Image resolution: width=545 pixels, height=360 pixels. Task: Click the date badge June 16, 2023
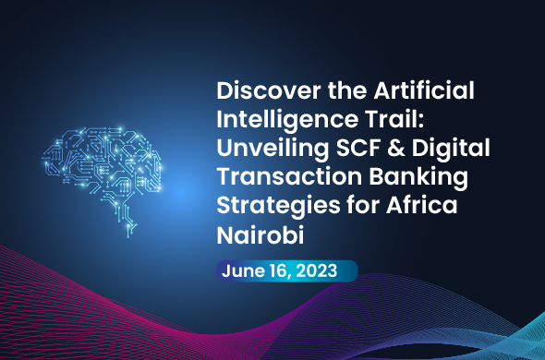[x=287, y=270]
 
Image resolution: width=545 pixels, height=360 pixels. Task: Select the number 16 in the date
[x=281, y=270]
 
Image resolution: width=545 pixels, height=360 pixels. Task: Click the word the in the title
[x=324, y=93]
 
